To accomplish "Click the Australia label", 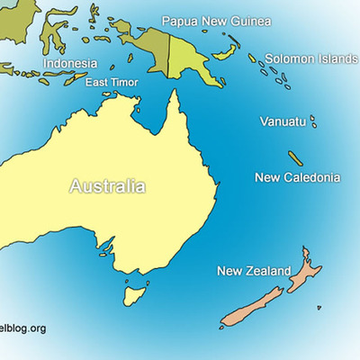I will tap(107, 187).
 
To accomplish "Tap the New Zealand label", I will tap(254, 271).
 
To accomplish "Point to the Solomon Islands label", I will tap(310, 58).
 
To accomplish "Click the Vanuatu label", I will tap(282, 121).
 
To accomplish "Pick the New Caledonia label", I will tap(298, 177).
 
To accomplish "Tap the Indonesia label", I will tap(69, 64).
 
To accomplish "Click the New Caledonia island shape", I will tap(295, 157).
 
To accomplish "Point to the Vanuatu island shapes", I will tap(313, 121).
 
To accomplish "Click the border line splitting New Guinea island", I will tap(168, 49).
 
